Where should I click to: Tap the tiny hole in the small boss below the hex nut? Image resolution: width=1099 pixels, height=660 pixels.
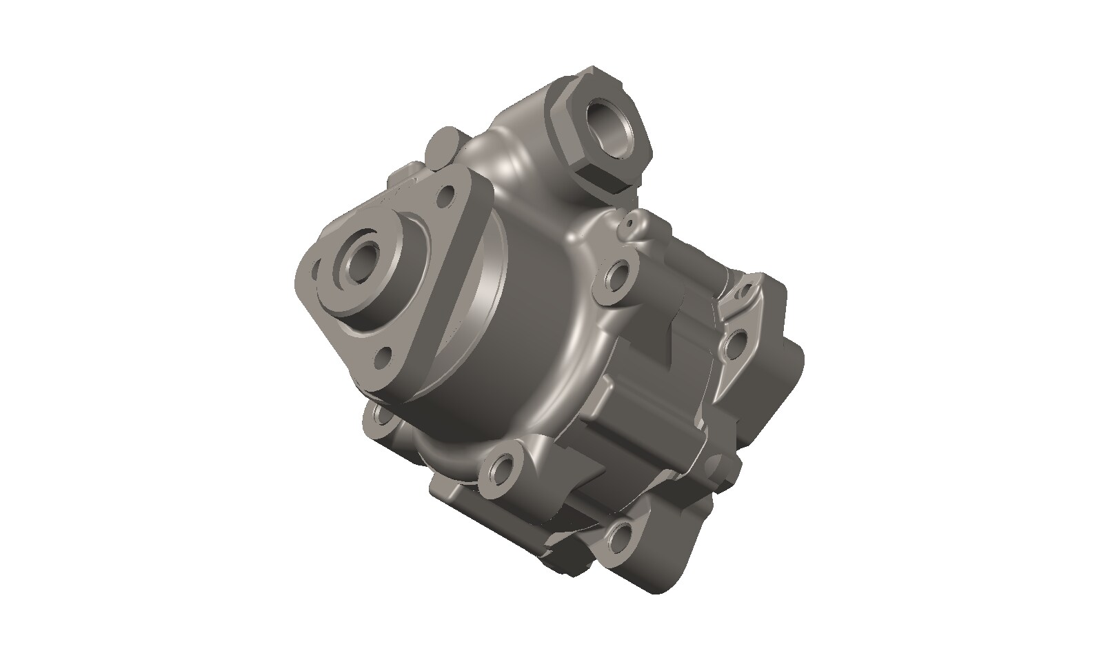pos(629,224)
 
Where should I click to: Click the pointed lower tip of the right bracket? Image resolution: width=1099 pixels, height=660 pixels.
pos(721,390)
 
